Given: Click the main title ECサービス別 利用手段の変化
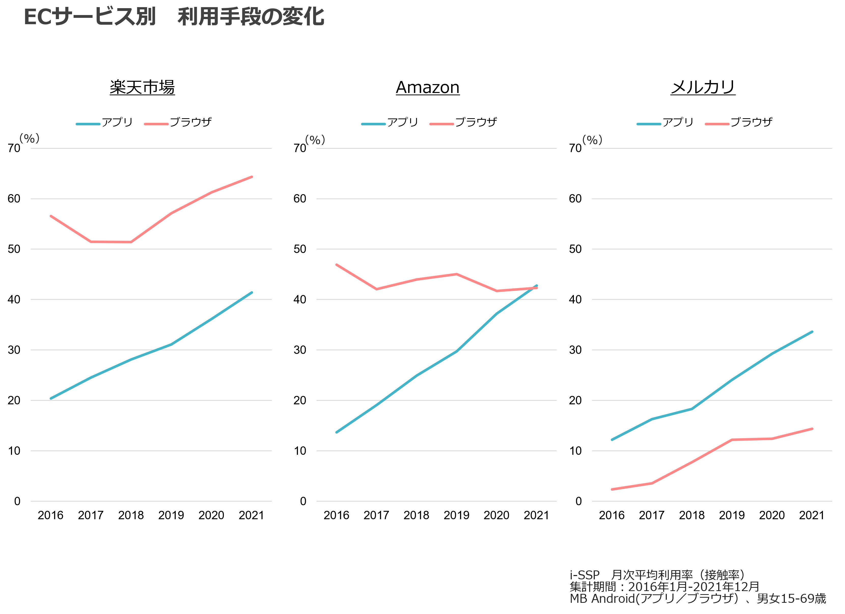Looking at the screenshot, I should point(174,17).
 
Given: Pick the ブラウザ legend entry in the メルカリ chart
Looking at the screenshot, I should point(751,122).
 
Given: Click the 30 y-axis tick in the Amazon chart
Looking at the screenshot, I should point(300,350).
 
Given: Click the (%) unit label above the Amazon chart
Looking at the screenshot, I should point(315,140).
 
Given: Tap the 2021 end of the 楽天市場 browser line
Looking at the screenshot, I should point(252,177).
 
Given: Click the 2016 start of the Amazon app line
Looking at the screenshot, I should point(336,432).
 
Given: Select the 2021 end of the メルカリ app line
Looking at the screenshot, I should point(812,332).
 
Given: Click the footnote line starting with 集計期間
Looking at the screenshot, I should point(664,586).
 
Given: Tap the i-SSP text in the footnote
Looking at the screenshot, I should point(584,575).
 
